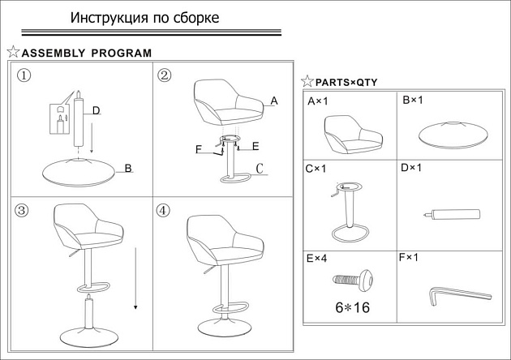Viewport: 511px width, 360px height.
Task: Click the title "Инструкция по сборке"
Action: coord(144,18)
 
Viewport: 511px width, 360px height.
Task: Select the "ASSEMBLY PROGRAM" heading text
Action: coord(87,54)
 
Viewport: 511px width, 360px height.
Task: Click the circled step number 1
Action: coord(24,75)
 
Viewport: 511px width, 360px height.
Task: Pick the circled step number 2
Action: coord(165,75)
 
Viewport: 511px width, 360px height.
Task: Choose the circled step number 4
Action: coord(163,210)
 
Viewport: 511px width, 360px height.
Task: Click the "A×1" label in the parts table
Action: coord(317,102)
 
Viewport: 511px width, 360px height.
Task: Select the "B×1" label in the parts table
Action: coord(413,101)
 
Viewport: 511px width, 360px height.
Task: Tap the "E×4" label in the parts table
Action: coord(317,259)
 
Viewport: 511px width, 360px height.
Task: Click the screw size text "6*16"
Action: coord(351,307)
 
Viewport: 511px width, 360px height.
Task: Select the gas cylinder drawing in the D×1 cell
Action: coord(450,215)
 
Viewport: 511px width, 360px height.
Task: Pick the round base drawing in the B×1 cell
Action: coord(452,132)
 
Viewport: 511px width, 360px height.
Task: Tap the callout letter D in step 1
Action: coord(96,110)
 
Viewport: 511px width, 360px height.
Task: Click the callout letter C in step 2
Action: coord(260,169)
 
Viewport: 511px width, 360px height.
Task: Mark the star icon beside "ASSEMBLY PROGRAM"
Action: coord(13,52)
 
